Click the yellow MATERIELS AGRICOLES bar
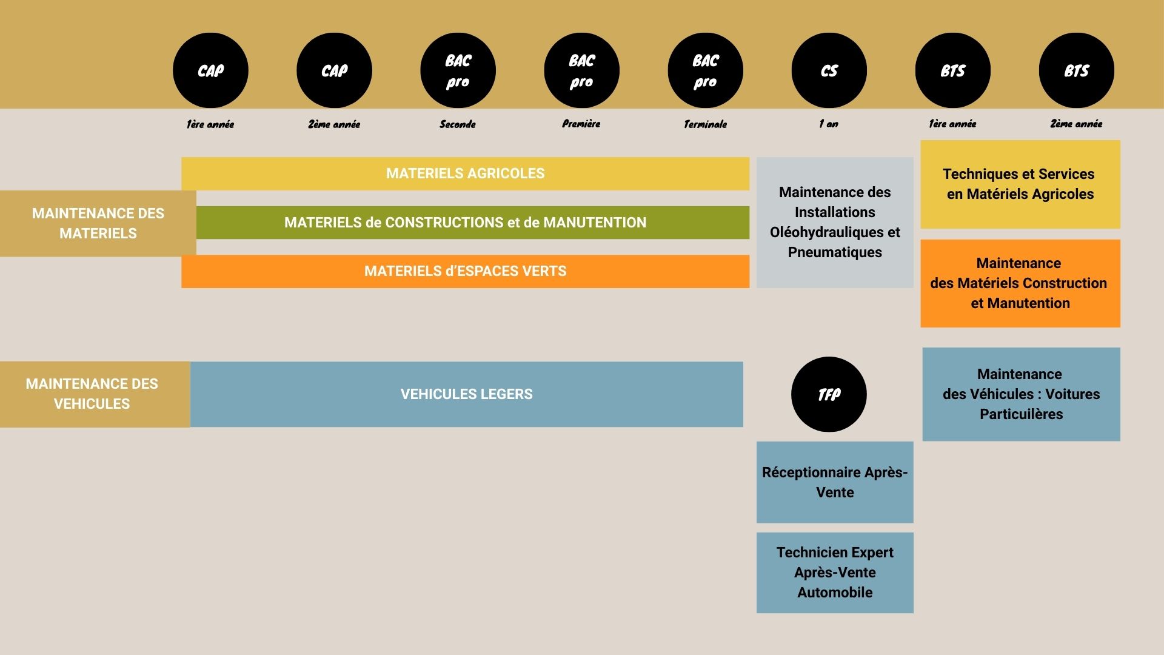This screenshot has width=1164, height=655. [x=465, y=174]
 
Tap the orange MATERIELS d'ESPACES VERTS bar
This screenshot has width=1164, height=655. [x=465, y=272]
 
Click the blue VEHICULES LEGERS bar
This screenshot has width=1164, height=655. [x=466, y=394]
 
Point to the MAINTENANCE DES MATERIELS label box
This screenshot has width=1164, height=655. [x=98, y=223]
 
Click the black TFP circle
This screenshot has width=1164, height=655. [x=829, y=394]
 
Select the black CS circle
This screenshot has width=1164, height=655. [x=829, y=70]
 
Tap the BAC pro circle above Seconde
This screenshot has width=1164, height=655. [x=458, y=70]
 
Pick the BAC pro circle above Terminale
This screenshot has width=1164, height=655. [x=705, y=70]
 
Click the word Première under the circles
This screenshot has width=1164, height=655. [x=581, y=124]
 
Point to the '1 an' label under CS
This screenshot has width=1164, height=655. [x=828, y=124]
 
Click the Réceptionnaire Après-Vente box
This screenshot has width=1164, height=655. [x=835, y=482]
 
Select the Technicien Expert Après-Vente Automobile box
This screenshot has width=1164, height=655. [x=835, y=573]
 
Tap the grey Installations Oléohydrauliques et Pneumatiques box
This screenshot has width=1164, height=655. [x=835, y=223]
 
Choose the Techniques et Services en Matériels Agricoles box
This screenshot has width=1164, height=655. [x=1020, y=184]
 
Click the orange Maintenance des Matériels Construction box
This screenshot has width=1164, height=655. [x=1020, y=283]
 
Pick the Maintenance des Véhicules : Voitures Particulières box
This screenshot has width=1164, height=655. [x=1021, y=394]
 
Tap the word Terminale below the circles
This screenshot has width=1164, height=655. [x=705, y=124]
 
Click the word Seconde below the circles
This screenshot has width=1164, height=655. [x=458, y=124]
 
